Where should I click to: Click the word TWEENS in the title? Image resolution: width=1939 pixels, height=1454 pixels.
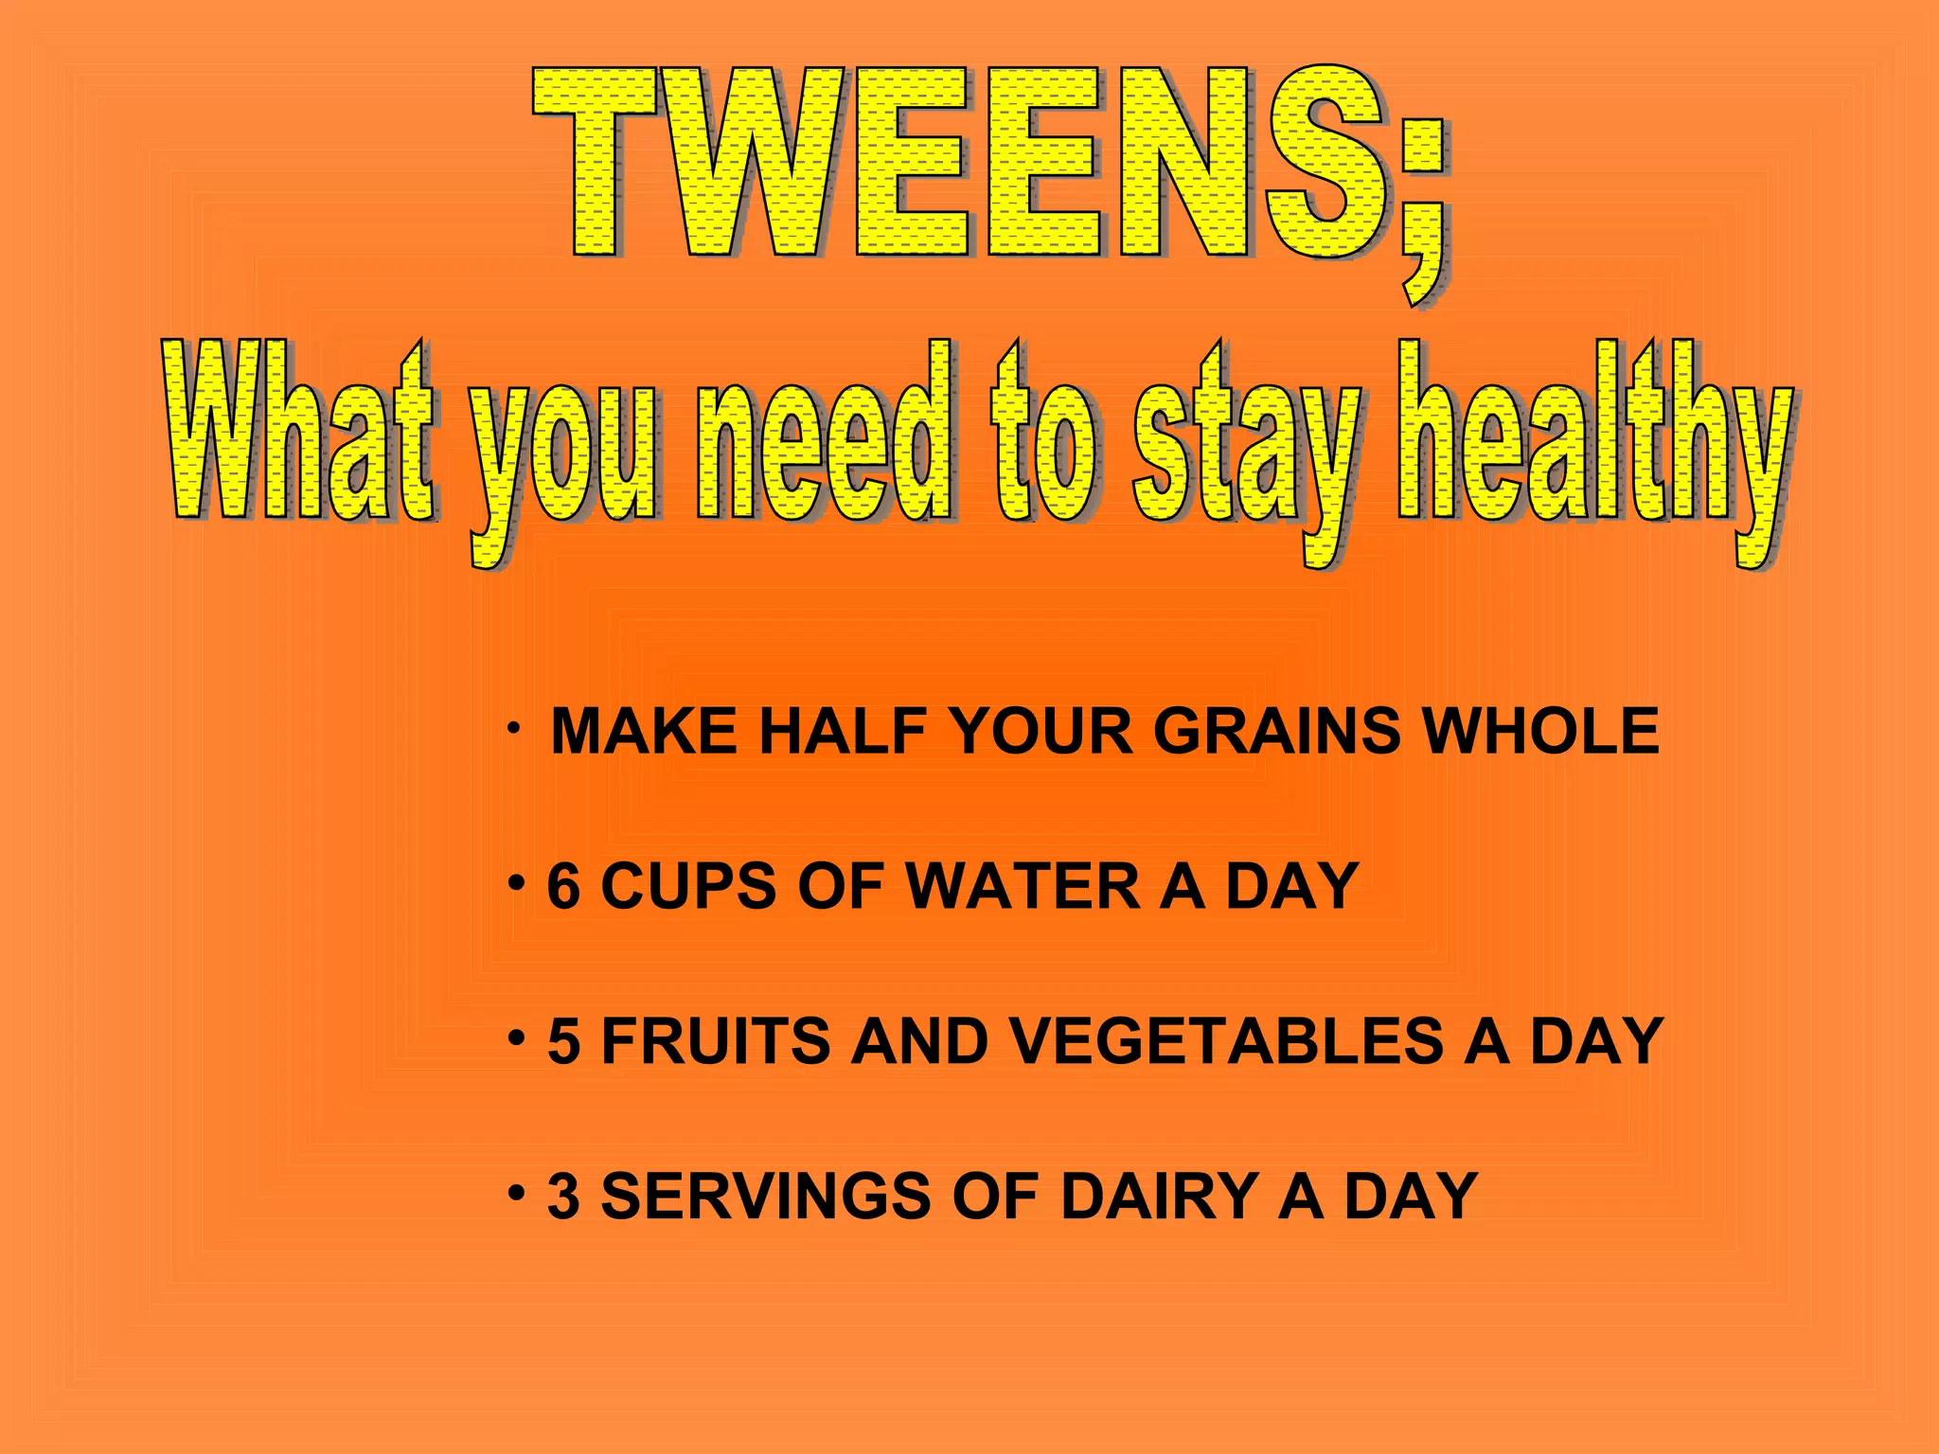coord(956,163)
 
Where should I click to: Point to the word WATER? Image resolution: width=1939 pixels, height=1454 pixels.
coord(1023,887)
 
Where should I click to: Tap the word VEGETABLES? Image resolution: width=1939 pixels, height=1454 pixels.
coord(1226,1041)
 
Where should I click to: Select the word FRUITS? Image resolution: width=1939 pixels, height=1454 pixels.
coord(716,1041)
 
